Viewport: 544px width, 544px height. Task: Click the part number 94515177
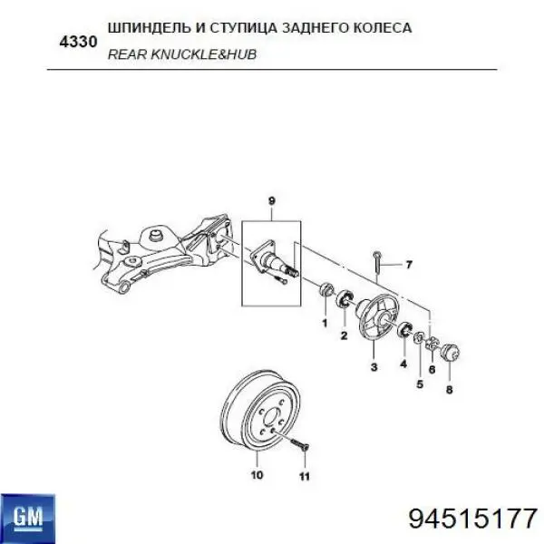pyautogui.click(x=473, y=520)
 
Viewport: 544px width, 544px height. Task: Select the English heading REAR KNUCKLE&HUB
pyautogui.click(x=181, y=54)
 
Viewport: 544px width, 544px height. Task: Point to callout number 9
pyautogui.click(x=269, y=200)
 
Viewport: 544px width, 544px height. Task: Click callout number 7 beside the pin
pyautogui.click(x=408, y=265)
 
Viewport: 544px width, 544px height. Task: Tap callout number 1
pyautogui.click(x=324, y=322)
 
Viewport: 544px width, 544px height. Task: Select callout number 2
pyautogui.click(x=344, y=335)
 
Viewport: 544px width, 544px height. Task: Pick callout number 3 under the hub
pyautogui.click(x=374, y=367)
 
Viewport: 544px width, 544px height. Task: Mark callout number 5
pyautogui.click(x=420, y=384)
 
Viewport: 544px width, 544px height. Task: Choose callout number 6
pyautogui.click(x=432, y=369)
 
